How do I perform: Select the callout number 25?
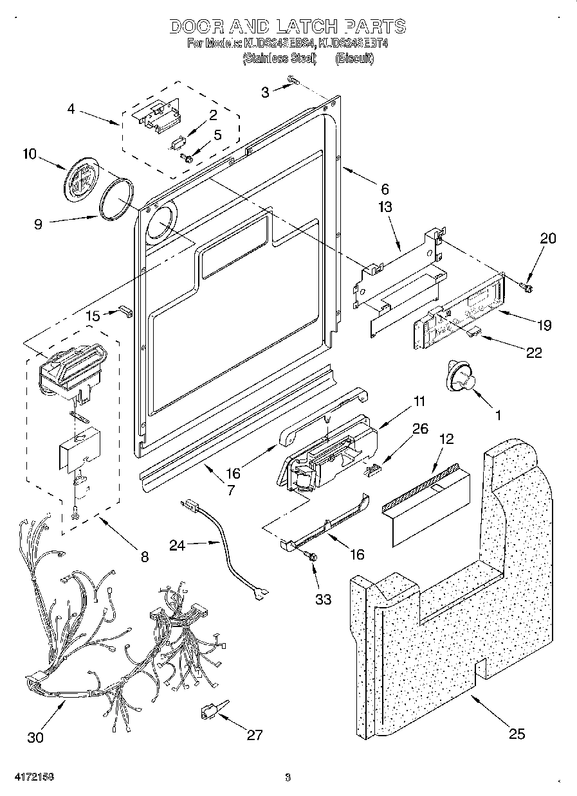click(x=517, y=734)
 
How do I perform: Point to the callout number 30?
click(x=35, y=738)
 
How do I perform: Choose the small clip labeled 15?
click(x=124, y=312)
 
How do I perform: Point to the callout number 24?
click(x=177, y=545)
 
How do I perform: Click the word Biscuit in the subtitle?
click(x=354, y=59)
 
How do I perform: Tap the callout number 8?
click(x=144, y=557)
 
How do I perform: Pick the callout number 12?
click(x=446, y=439)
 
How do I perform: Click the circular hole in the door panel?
click(x=159, y=224)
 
